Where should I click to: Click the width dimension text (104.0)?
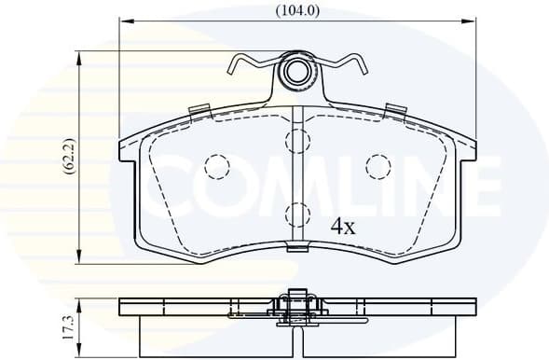click(297, 11)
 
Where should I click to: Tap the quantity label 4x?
click(343, 226)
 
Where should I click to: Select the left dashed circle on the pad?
click(216, 167)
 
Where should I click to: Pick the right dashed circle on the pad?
click(377, 166)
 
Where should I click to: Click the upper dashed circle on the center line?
click(297, 142)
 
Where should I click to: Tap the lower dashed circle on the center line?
click(297, 214)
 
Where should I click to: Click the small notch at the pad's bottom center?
click(297, 248)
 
